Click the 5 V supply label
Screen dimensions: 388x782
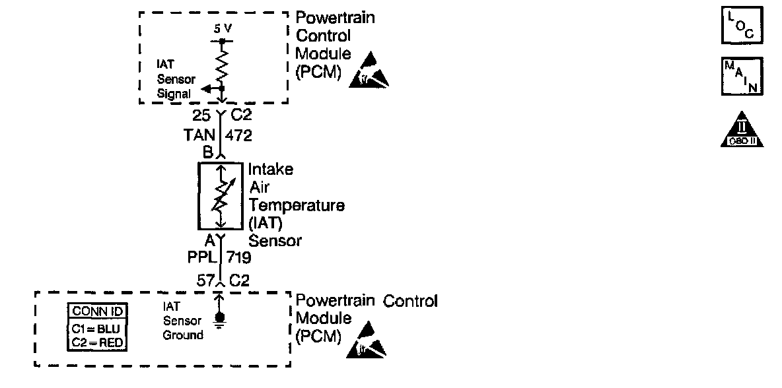(x=222, y=30)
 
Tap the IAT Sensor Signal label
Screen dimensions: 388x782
(x=175, y=79)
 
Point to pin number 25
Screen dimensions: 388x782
(x=202, y=116)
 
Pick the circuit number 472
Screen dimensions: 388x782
(x=238, y=136)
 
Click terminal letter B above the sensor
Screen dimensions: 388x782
(x=207, y=153)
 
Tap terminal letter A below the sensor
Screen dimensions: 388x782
(x=209, y=240)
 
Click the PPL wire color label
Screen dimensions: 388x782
(x=201, y=257)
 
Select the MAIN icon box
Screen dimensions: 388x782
(x=741, y=78)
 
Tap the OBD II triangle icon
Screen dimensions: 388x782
(x=741, y=129)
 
